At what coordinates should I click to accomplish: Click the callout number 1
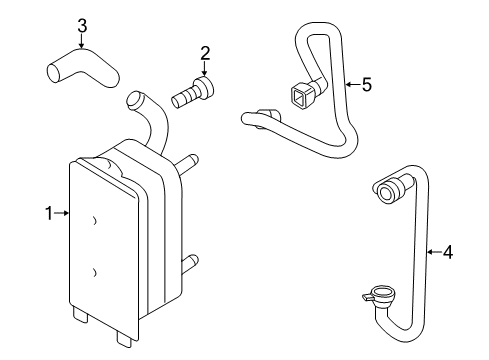tap(49, 213)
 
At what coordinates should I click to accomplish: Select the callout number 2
tap(205, 53)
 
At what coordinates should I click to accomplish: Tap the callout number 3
tap(82, 26)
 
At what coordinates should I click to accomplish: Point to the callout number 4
tap(448, 252)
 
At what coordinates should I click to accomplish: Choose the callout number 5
tap(367, 84)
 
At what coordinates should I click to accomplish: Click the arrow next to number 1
tap(62, 213)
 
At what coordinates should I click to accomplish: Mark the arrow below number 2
tap(204, 69)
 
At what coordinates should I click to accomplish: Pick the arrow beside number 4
tap(434, 252)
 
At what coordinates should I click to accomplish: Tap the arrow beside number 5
tap(353, 84)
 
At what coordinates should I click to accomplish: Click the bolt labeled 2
tap(193, 91)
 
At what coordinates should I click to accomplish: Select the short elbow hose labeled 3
tap(82, 68)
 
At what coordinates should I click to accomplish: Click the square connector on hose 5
tap(300, 94)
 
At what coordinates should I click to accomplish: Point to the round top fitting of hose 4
tap(387, 190)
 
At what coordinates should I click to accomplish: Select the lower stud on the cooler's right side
tap(189, 262)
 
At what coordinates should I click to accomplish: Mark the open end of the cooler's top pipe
tap(134, 98)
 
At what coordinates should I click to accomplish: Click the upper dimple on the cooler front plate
tap(94, 220)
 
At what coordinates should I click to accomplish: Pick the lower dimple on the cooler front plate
tap(94, 273)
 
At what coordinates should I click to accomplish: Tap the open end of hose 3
tap(54, 73)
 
